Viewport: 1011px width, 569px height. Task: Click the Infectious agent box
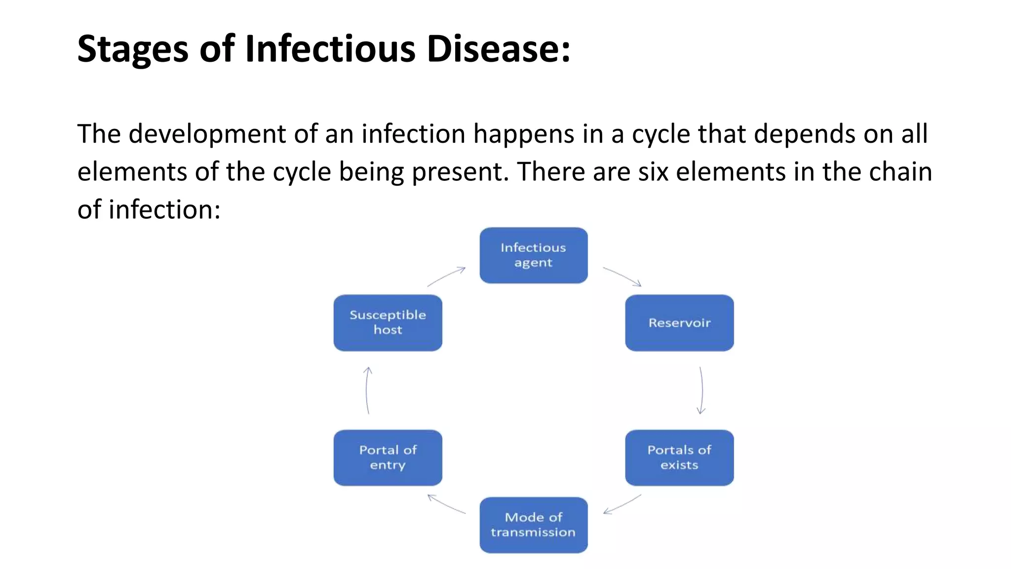point(533,255)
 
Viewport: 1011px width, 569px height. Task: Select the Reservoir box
point(679,323)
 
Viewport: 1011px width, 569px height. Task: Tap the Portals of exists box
point(679,457)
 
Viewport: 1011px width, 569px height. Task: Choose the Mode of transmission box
point(533,525)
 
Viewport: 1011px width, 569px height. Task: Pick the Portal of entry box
point(388,457)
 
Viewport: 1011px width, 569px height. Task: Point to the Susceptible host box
point(388,323)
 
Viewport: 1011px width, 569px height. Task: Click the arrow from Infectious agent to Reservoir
point(622,276)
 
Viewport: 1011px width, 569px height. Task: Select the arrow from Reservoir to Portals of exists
point(701,390)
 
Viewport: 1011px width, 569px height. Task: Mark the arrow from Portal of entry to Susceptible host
point(367,390)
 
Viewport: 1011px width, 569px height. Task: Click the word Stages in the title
point(133,49)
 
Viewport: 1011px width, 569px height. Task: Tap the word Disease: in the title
point(498,49)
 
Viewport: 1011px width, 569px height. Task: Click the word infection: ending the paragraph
point(164,209)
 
